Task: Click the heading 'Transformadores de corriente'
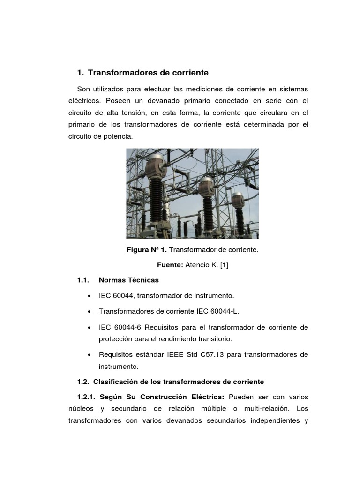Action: click(x=148, y=73)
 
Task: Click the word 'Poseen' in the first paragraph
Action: click(x=118, y=101)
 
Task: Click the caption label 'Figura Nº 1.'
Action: click(x=147, y=250)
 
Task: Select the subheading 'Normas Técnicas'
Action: click(x=129, y=280)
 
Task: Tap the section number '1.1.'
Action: click(x=83, y=280)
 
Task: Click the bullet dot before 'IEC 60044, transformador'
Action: click(x=89, y=296)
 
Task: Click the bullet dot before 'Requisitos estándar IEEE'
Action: click(x=89, y=355)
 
